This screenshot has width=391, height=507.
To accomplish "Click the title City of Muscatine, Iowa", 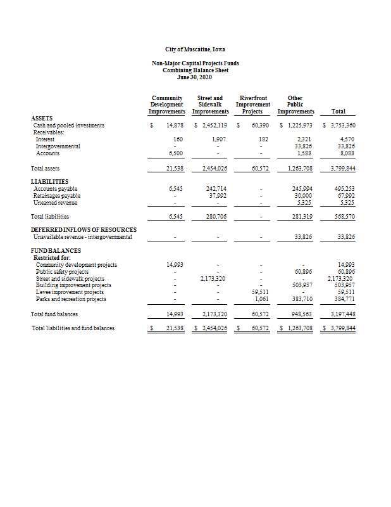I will coord(195,49).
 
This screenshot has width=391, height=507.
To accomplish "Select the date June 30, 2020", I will coord(195,77).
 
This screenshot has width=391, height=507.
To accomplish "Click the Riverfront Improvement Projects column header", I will coord(252,105).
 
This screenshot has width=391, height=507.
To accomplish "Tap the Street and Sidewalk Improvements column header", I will coord(210,105).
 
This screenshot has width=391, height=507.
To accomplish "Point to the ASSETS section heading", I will coord(42,118).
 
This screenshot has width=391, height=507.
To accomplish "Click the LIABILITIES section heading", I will coord(49,181).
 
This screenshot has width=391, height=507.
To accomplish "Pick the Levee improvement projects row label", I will coord(70,292).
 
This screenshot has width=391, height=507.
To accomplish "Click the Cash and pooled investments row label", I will coord(68,125).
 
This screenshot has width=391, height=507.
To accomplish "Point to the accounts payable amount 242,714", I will coord(216,189).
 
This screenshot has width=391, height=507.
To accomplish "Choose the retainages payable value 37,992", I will coord(218,196).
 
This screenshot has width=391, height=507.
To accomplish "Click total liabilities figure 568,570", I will coord(342,217).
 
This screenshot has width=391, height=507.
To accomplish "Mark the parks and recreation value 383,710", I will coord(301,299).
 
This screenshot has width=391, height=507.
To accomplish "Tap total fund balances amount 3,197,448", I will coord(340,314).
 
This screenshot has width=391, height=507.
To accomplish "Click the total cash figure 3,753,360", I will coord(340,125).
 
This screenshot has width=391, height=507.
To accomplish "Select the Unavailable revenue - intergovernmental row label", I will coord(82,237).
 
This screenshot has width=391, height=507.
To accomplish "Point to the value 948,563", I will coord(301,314).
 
